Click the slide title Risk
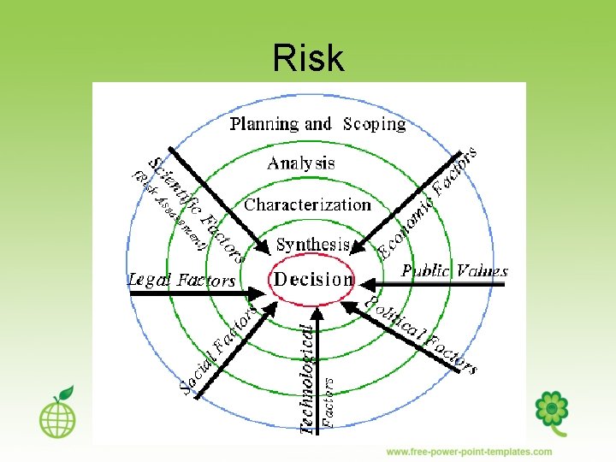[x=308, y=58]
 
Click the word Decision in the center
[x=313, y=278]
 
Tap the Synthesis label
[x=313, y=244]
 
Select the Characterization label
[x=307, y=204]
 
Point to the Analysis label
[x=301, y=163]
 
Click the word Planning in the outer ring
[x=264, y=124]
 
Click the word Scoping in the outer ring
[x=375, y=124]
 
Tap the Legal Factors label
[x=181, y=279]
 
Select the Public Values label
[x=455, y=271]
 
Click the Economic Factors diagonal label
[x=428, y=202]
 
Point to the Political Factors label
[x=420, y=335]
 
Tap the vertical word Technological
[x=308, y=376]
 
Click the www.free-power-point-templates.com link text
[x=469, y=452]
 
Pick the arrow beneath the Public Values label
[x=445, y=283]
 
